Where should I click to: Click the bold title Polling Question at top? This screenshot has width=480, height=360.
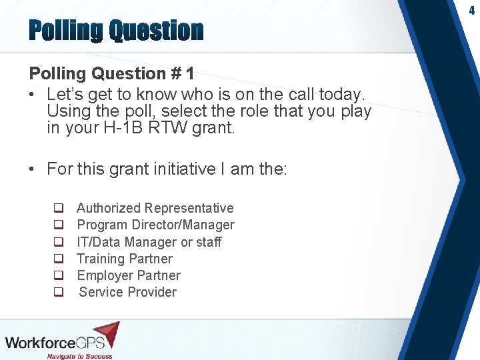tap(115, 31)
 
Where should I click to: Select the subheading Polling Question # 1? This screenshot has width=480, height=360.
tap(111, 73)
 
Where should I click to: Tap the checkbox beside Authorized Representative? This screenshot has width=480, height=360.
tap(59, 209)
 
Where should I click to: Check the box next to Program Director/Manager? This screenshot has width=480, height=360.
tap(59, 225)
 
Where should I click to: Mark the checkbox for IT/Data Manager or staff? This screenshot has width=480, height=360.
tap(59, 242)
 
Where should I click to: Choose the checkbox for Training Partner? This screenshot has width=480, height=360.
tap(59, 259)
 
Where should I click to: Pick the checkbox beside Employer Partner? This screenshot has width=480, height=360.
tap(59, 275)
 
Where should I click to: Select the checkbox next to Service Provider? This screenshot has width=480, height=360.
tap(59, 292)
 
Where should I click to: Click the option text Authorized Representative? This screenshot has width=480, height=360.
tap(155, 209)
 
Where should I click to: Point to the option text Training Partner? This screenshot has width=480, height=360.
tap(125, 259)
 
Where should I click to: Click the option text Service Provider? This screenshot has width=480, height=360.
tap(128, 292)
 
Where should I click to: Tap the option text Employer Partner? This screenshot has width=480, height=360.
tap(129, 275)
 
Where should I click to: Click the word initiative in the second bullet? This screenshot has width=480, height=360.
tap(181, 169)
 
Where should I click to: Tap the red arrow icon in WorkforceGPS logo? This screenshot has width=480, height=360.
tap(107, 333)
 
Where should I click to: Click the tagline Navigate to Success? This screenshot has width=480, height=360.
tap(79, 356)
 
